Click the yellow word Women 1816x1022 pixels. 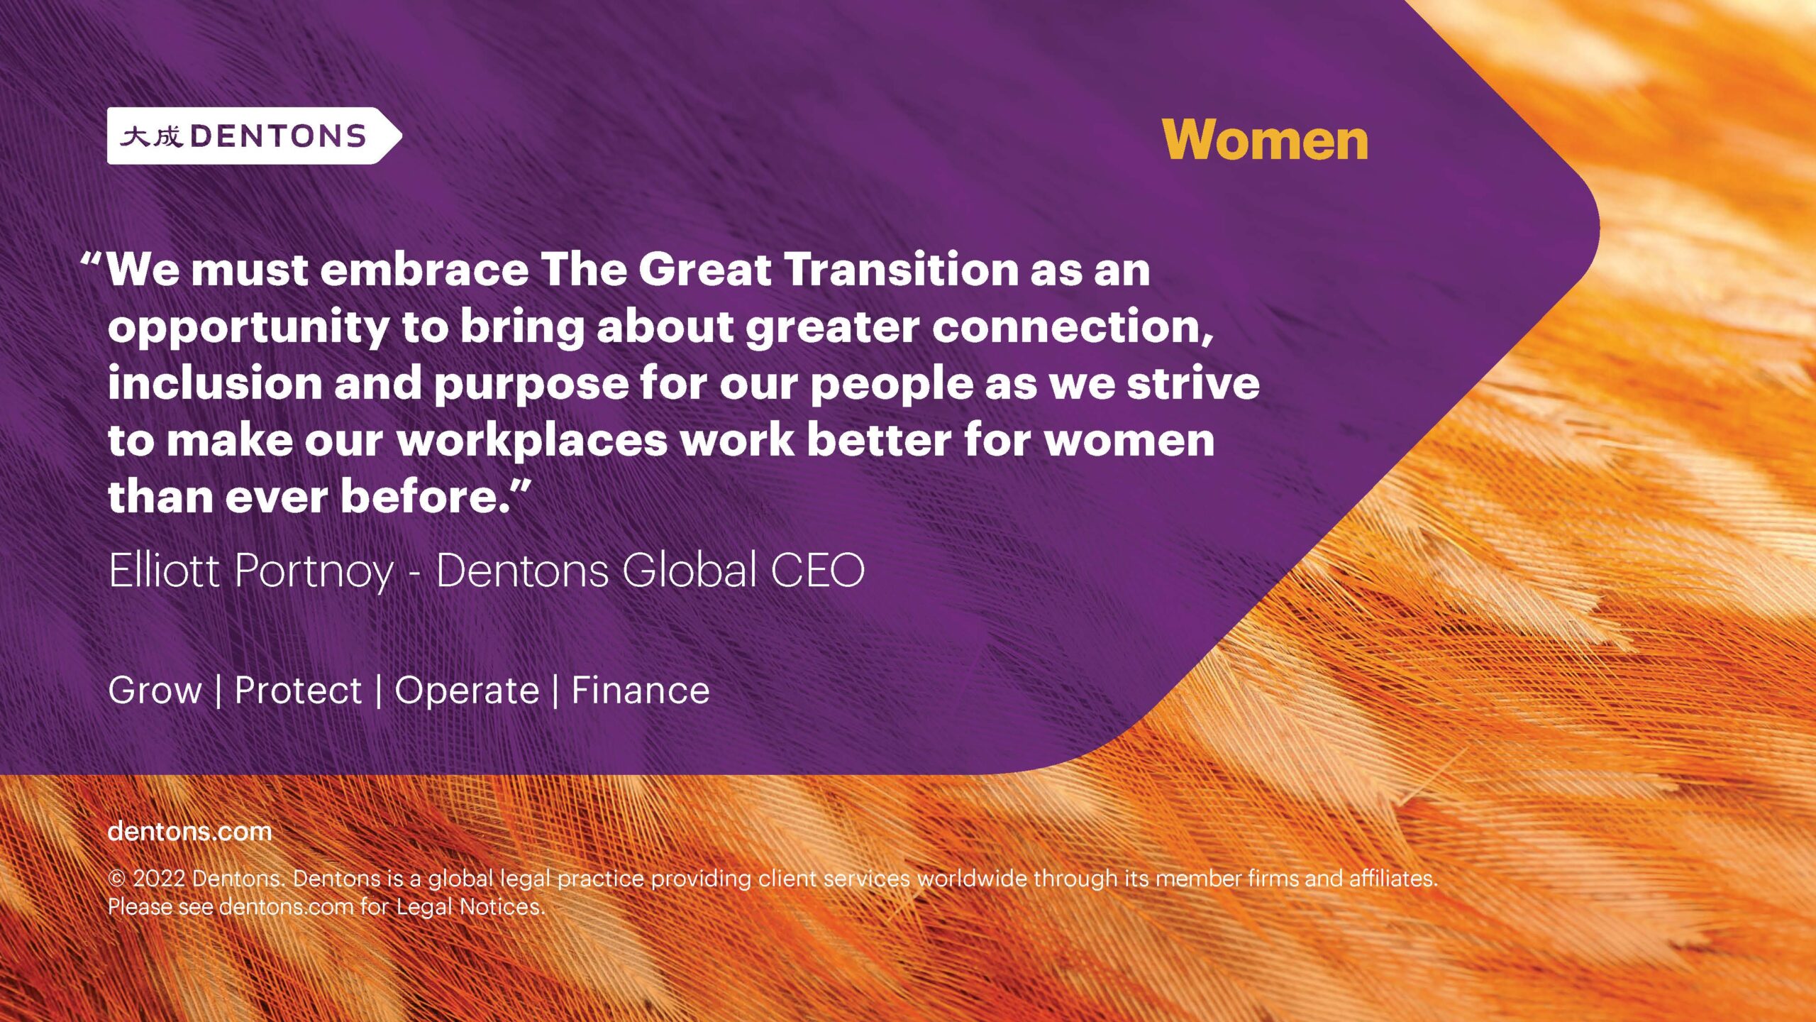pos(1265,140)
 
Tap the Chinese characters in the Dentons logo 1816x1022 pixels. pos(151,136)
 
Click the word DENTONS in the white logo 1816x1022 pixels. pos(278,136)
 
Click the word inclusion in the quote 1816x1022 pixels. pos(215,383)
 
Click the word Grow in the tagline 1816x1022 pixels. pos(155,691)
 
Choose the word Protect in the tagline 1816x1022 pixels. pos(298,691)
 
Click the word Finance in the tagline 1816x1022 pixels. pos(641,691)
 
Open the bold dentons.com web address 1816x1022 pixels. pos(190,831)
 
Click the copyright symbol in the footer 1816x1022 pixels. pos(117,879)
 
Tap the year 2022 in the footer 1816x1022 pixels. pos(160,879)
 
